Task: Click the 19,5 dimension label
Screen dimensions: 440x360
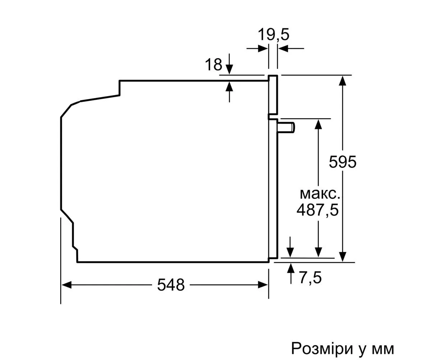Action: coord(273,35)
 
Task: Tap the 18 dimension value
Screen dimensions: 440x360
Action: coord(214,64)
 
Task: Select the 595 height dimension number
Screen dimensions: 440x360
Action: coord(343,162)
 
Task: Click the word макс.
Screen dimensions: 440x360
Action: coord(320,194)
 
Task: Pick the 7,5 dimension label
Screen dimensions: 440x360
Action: coord(310,277)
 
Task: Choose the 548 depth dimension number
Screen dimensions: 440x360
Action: coord(171,285)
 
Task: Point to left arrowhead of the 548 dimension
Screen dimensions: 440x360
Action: coord(67,285)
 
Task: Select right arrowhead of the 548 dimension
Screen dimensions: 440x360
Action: coord(263,285)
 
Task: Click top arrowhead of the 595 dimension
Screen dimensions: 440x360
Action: coord(343,81)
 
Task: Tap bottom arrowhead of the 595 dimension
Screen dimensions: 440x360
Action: coord(343,257)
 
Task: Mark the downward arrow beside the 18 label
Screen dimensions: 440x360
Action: coord(229,64)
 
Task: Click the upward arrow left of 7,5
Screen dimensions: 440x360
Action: coord(291,274)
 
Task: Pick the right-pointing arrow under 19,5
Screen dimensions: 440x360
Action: coord(257,49)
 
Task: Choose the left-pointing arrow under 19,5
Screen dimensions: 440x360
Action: coord(291,49)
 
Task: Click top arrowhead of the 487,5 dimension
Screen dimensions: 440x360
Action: coord(318,124)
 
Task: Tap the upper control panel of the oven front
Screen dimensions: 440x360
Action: coord(273,95)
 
